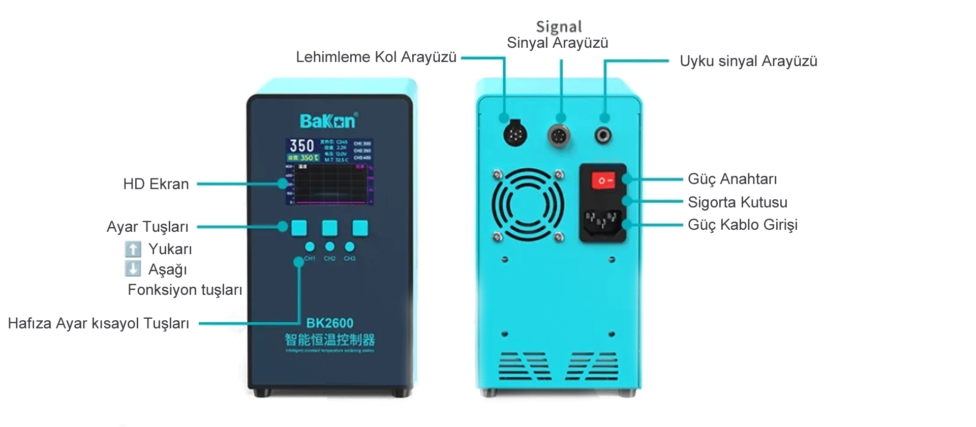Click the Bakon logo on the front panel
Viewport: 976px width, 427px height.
(328, 121)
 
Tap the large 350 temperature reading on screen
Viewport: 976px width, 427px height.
(301, 145)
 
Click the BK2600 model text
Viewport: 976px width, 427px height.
(329, 323)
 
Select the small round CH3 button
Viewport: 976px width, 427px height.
(349, 247)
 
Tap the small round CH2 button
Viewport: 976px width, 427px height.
(329, 247)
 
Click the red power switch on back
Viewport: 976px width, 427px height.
(603, 180)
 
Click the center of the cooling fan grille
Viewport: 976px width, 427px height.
(528, 205)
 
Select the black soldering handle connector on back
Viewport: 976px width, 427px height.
(514, 134)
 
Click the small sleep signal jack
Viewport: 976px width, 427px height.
(603, 135)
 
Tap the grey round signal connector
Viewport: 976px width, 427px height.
(559, 135)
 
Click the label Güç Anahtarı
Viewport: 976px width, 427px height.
(732, 179)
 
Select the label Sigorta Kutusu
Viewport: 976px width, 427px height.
(737, 202)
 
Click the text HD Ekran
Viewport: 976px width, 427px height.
(156, 184)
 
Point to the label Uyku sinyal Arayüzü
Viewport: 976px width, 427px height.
(748, 61)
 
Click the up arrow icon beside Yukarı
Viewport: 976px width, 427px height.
(133, 249)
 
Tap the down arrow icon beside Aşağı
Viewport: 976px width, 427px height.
(133, 268)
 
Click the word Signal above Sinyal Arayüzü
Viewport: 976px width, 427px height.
(559, 26)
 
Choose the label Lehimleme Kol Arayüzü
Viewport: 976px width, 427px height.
(376, 57)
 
